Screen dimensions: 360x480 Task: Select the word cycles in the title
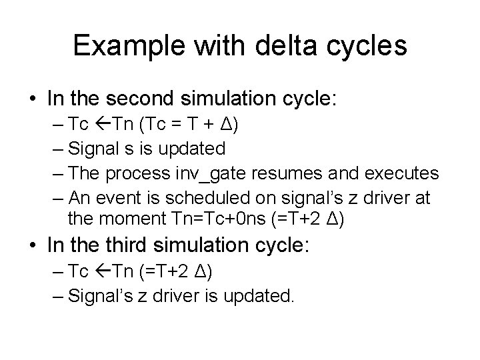click(370, 45)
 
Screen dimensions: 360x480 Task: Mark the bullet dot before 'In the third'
click(33, 246)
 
